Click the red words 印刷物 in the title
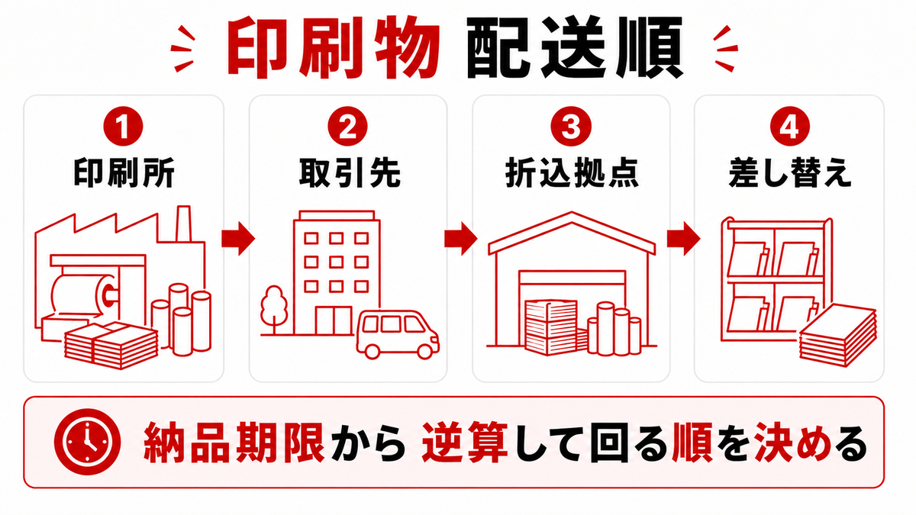click(x=334, y=47)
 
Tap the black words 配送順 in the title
click(x=575, y=47)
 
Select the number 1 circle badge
click(x=123, y=127)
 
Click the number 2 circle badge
click(x=347, y=127)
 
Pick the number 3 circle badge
click(x=571, y=127)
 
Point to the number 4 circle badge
click(x=789, y=127)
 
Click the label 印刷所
click(x=124, y=173)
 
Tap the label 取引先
click(x=349, y=173)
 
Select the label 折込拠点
click(x=572, y=173)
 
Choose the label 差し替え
click(x=789, y=173)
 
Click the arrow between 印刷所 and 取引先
click(x=238, y=239)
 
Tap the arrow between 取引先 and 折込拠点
click(x=461, y=239)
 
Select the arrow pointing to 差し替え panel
click(x=683, y=239)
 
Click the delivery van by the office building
click(x=397, y=335)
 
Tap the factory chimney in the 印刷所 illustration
click(x=184, y=224)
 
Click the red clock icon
click(x=87, y=443)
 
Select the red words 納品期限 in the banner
click(x=234, y=443)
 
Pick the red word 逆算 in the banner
click(x=465, y=443)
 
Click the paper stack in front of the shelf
click(x=838, y=335)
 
